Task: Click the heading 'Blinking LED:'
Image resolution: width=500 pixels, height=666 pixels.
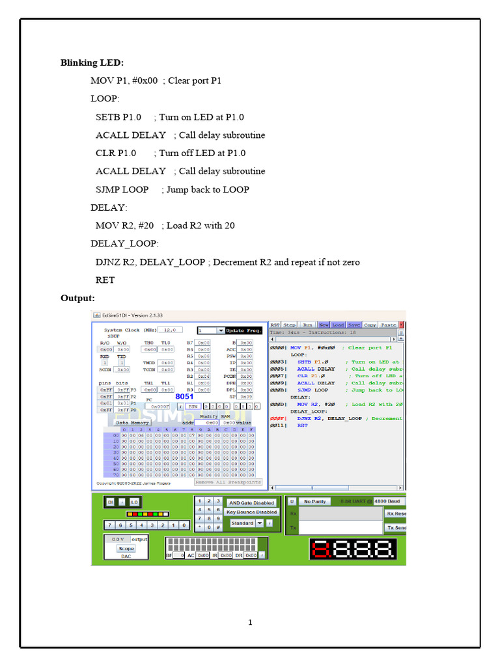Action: pos(92,63)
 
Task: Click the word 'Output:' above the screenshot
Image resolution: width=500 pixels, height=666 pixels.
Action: pos(77,298)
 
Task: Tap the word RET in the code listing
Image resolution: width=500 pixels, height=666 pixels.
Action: pos(105,280)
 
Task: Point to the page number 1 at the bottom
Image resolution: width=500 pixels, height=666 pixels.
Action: pos(249,622)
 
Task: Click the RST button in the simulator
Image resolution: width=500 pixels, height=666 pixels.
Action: pos(275,325)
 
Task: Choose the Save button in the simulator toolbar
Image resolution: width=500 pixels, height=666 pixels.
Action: pos(354,325)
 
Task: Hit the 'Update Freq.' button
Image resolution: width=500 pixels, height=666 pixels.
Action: pos(244,330)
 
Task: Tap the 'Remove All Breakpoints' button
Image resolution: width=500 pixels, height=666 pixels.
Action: pos(228,482)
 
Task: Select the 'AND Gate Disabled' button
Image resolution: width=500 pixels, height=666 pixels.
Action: pos(251,503)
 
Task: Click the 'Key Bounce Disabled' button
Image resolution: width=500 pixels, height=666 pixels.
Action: pos(251,513)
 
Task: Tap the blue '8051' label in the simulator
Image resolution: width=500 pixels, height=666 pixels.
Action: pos(184,396)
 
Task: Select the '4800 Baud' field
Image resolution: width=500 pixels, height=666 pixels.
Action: pos(389,501)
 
